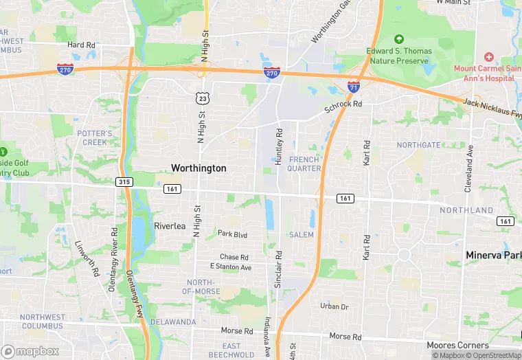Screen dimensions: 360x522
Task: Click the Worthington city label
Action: (198, 168)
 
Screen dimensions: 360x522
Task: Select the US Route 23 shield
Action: (202, 98)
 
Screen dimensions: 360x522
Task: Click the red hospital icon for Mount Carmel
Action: (488, 57)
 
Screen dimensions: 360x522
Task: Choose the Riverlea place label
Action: (170, 226)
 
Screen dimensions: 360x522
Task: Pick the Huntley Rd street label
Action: (279, 146)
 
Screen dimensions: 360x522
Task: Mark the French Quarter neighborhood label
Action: (304, 164)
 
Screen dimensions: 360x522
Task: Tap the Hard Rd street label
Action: (81, 45)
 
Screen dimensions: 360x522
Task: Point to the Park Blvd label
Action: (232, 235)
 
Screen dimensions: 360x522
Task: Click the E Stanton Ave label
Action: (231, 267)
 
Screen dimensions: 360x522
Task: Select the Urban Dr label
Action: (334, 306)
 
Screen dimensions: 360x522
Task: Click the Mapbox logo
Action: (31, 351)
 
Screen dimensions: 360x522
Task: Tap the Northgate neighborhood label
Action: (418, 146)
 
